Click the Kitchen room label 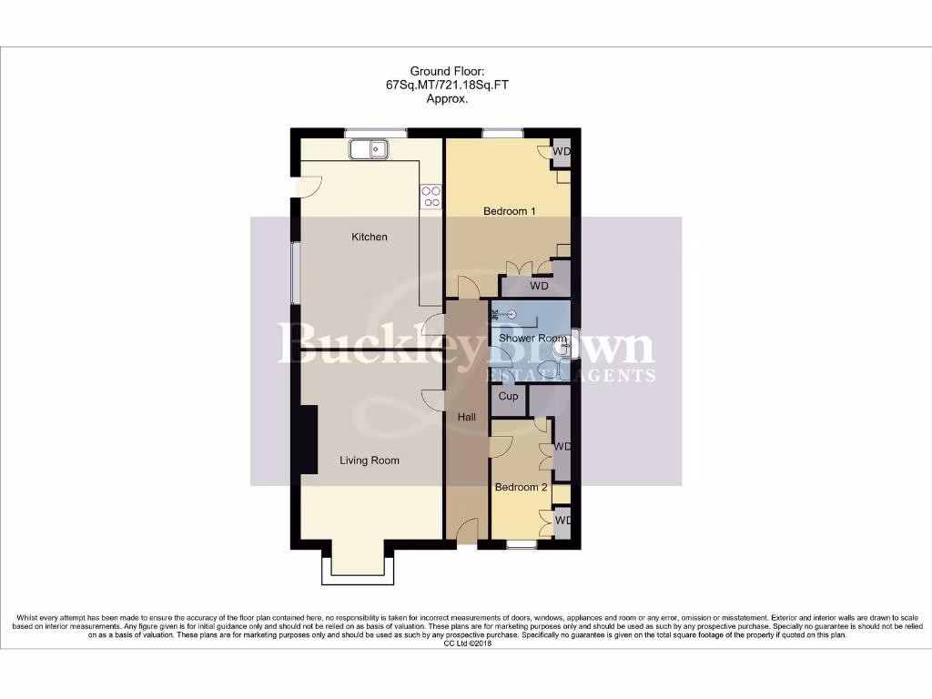point(370,237)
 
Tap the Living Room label point(370,461)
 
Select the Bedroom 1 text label point(509,211)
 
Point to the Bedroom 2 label point(521,487)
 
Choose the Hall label point(466,416)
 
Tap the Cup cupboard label point(509,396)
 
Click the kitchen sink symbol point(368,148)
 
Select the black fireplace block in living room point(309,441)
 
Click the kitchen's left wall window point(293,273)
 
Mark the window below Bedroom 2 point(521,545)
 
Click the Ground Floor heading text point(447,71)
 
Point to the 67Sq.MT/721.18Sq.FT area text point(447,86)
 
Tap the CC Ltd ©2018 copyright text point(466,643)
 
